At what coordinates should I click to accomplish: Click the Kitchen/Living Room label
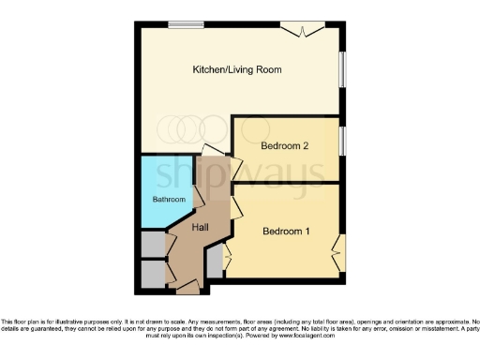(x=237, y=69)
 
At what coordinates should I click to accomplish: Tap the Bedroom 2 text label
(x=285, y=145)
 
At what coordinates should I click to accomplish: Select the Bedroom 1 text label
(x=287, y=232)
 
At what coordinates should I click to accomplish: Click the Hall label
(x=201, y=228)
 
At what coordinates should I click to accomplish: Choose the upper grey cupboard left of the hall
(x=152, y=244)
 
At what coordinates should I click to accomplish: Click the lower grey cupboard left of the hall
(x=152, y=273)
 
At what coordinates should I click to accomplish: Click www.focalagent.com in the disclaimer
(x=308, y=335)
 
